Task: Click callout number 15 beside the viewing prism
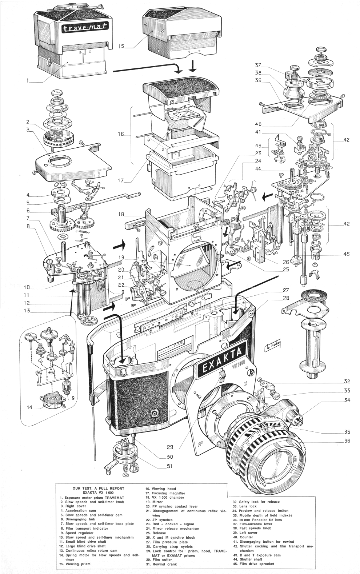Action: [x=121, y=47]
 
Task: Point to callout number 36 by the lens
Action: [x=347, y=441]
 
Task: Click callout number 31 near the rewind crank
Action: [x=169, y=466]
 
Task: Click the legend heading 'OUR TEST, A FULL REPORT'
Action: [x=98, y=488]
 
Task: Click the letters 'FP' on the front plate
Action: [x=199, y=444]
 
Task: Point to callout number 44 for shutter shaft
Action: [x=258, y=168]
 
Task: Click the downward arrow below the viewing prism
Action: [x=193, y=65]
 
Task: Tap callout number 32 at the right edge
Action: [x=347, y=381]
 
